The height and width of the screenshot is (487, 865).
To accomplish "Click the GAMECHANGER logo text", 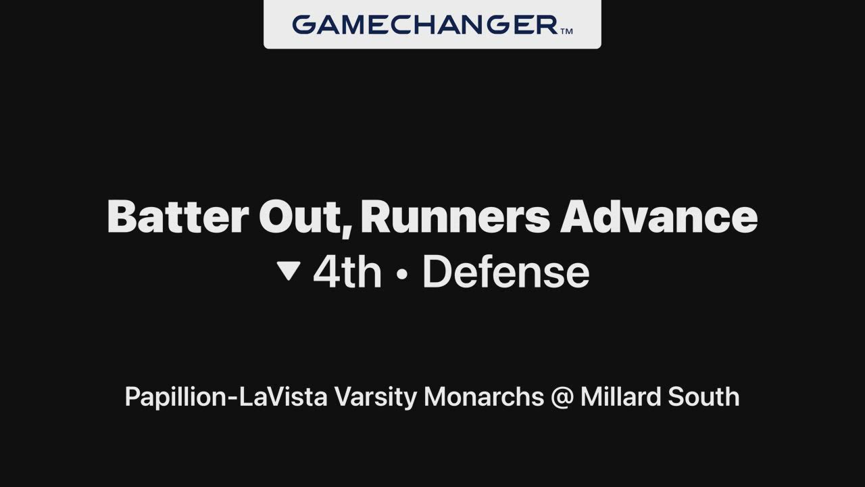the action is click(x=425, y=25).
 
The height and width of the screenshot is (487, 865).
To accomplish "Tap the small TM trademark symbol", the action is click(x=566, y=31).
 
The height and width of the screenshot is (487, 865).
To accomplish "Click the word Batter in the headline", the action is click(x=178, y=217).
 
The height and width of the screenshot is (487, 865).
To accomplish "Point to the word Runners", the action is click(x=455, y=217).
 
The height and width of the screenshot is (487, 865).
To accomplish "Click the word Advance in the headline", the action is click(x=659, y=217).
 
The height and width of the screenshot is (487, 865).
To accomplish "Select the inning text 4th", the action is click(x=347, y=272).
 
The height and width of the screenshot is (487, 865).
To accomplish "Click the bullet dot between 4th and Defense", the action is click(x=402, y=274).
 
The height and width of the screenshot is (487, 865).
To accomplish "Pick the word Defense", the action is click(x=506, y=272).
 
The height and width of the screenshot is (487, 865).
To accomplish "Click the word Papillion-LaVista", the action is click(x=226, y=397).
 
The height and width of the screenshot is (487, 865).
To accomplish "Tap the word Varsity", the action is click(x=376, y=397).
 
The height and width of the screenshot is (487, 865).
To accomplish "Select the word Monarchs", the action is click(x=484, y=396).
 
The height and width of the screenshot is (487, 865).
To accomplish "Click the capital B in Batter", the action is click(x=121, y=217).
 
